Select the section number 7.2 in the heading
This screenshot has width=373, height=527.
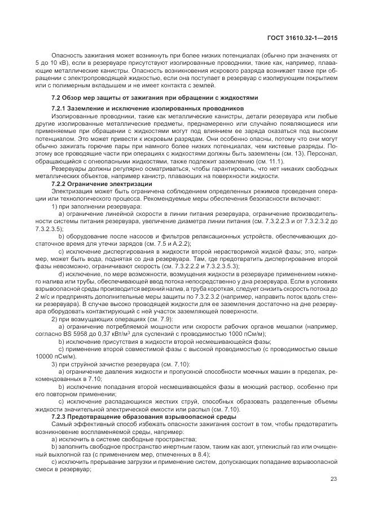56,98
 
